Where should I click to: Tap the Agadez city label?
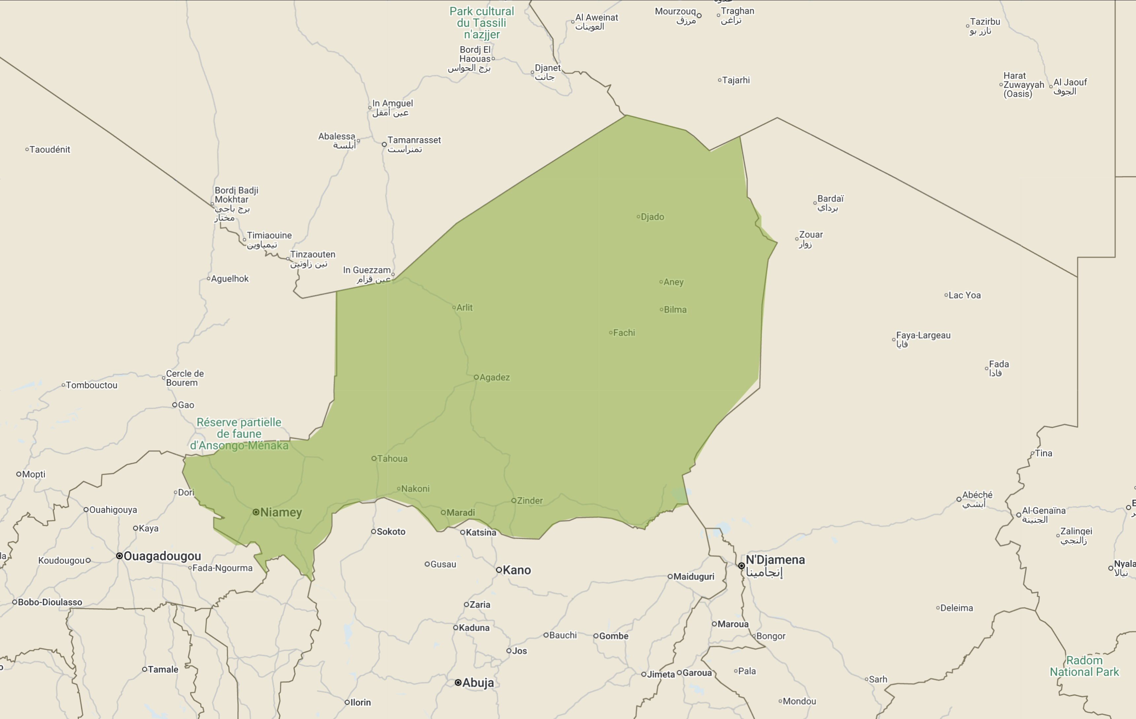click(494, 377)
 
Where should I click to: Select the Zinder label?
click(530, 500)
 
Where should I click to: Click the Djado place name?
click(652, 217)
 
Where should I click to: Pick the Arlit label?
click(464, 308)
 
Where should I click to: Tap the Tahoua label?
click(392, 459)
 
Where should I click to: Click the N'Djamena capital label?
click(775, 560)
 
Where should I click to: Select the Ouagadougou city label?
click(162, 556)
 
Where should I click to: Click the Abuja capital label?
click(478, 683)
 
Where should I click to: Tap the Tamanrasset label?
click(414, 140)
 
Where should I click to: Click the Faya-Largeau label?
click(923, 335)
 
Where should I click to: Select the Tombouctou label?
click(91, 386)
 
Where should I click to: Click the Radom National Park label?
click(1084, 666)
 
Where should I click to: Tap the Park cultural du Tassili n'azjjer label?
click(482, 23)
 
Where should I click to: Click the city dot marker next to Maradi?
click(443, 512)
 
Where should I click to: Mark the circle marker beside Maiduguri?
click(670, 576)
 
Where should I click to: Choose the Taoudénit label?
click(50, 150)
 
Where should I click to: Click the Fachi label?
click(624, 333)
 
